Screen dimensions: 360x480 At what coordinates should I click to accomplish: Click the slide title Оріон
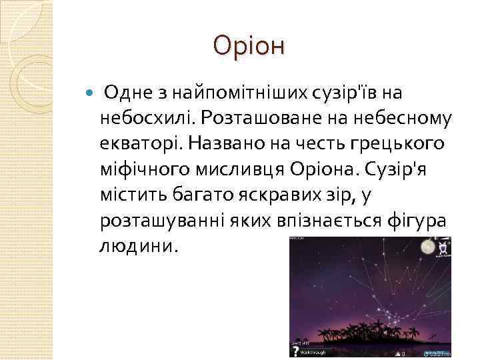249,46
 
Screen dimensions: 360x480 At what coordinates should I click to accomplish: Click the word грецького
404,143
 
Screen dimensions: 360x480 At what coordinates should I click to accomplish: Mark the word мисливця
239,169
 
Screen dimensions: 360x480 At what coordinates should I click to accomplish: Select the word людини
139,245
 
